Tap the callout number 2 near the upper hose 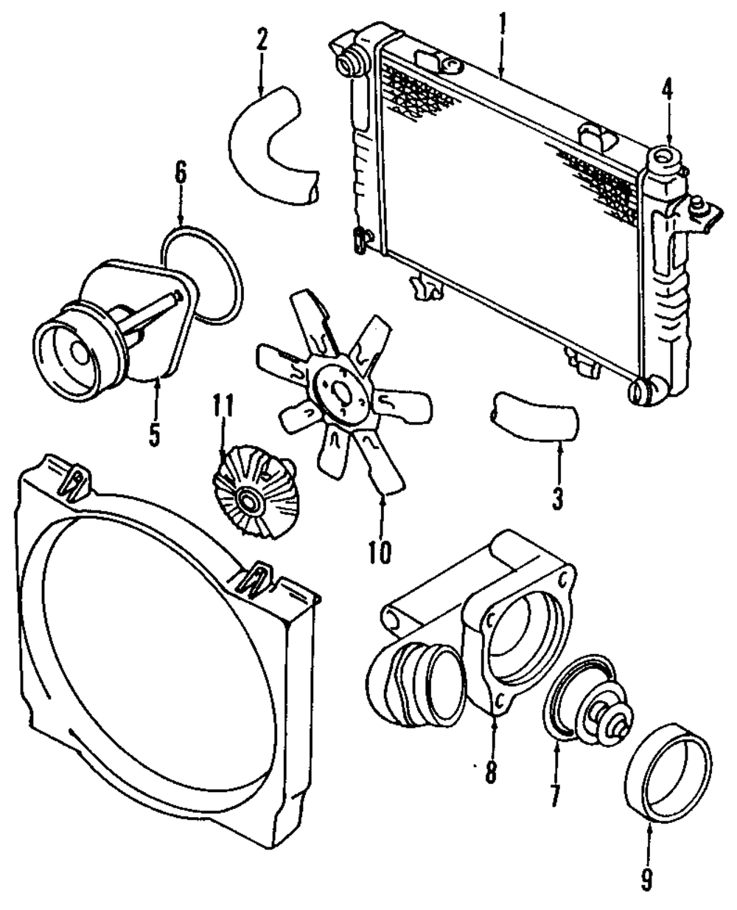tap(262, 40)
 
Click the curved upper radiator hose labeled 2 tap(273, 146)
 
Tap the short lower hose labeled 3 tap(535, 416)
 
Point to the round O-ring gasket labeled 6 tap(203, 275)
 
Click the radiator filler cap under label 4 tap(668, 161)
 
